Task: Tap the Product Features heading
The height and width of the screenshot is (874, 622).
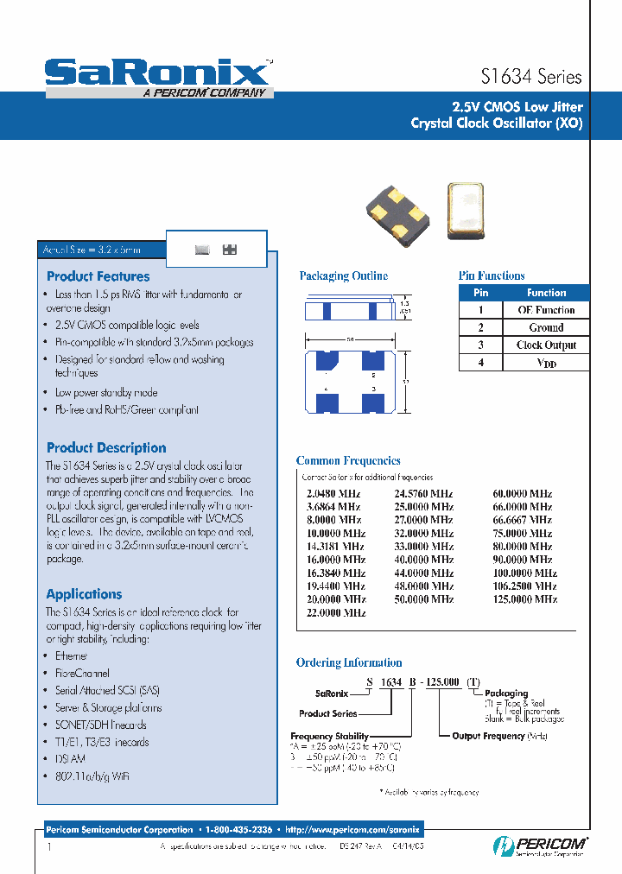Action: [x=98, y=277]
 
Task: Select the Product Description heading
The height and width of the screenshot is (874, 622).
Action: [x=106, y=448]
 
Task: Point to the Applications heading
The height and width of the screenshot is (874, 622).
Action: [x=84, y=594]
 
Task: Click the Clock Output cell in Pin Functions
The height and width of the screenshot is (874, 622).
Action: [x=546, y=345]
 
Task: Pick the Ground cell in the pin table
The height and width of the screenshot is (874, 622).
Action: [x=546, y=328]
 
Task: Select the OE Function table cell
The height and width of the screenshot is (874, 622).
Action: [x=546, y=310]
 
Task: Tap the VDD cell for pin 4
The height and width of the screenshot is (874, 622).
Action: [x=546, y=364]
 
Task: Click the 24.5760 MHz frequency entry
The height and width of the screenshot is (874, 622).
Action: [x=423, y=495]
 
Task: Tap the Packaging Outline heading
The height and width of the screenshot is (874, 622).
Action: [x=343, y=276]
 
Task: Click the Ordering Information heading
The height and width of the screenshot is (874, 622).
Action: [x=349, y=663]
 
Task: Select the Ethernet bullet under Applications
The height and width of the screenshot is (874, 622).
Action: [x=71, y=656]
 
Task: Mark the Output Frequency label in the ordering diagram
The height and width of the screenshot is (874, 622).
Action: [x=488, y=736]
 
